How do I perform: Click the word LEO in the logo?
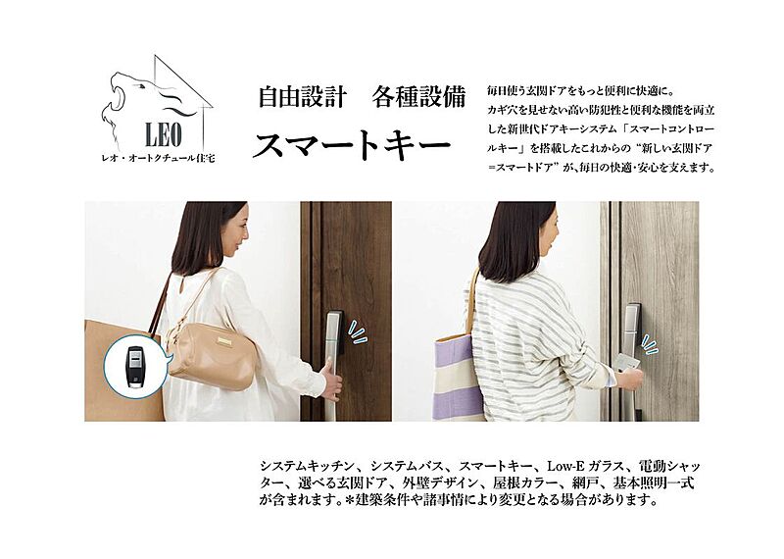163,134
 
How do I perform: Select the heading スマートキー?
352,144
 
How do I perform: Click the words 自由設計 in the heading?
302,96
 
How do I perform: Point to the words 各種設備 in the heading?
418,96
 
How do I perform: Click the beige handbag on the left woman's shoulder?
213,353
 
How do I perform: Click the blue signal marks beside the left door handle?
358,333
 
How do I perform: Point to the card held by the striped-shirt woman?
625,363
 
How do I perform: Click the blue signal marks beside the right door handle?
650,344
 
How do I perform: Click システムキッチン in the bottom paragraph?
310,467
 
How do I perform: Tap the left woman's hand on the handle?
332,377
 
